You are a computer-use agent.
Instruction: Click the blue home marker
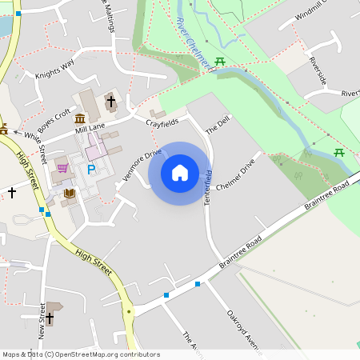coord(180,173)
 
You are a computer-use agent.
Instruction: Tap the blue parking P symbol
coord(91,170)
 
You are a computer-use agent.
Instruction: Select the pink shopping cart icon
coord(62,169)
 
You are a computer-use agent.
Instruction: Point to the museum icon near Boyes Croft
coord(80,120)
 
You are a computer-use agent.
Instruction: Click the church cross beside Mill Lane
coord(110,102)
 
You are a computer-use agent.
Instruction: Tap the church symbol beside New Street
coord(49,318)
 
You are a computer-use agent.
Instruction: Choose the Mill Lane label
coord(90,127)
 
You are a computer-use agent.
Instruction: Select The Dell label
coord(217,125)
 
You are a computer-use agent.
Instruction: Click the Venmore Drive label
coord(142,164)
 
